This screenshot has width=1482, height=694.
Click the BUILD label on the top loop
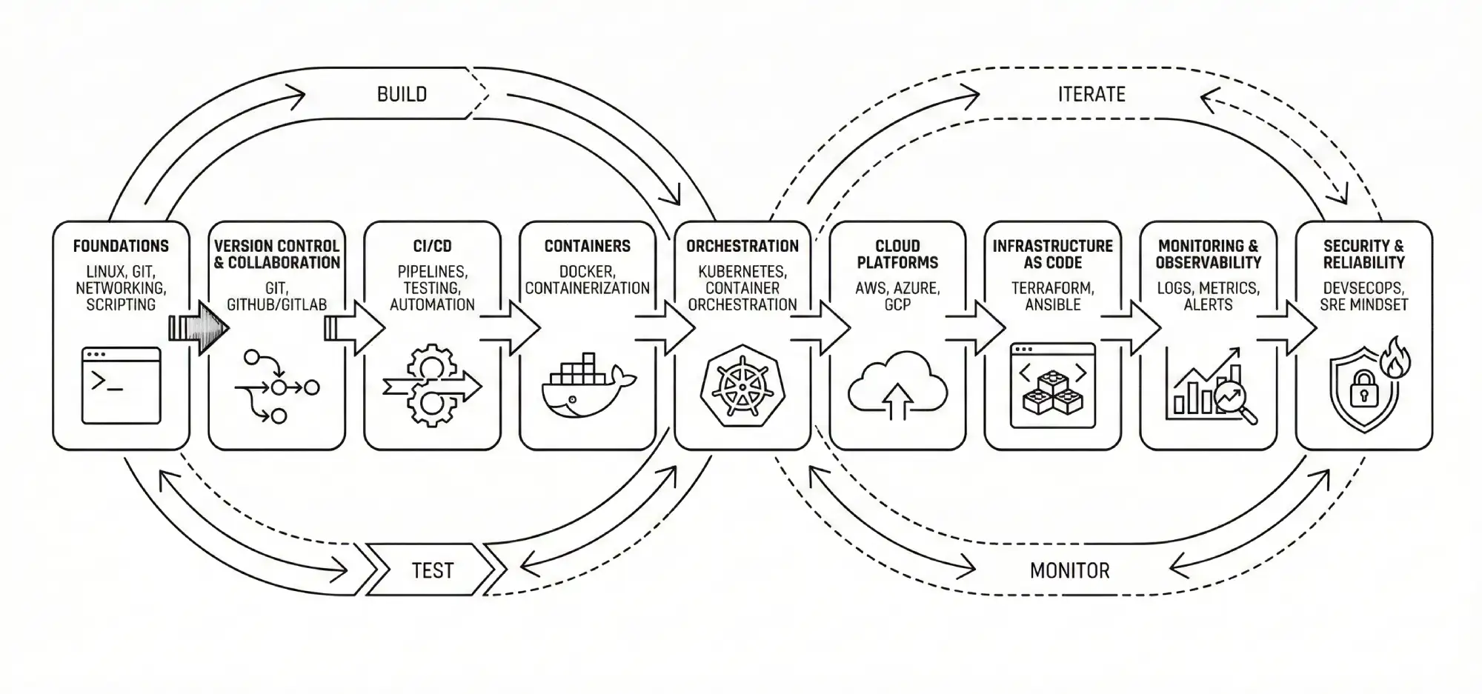click(402, 94)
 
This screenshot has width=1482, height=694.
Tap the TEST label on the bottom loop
click(432, 570)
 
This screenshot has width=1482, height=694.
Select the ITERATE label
click(1091, 94)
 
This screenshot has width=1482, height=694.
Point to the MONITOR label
click(1069, 570)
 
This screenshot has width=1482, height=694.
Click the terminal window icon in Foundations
click(121, 385)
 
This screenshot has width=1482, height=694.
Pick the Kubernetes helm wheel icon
click(742, 386)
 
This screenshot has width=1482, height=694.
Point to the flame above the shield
click(1395, 358)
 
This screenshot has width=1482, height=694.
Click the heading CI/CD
click(432, 246)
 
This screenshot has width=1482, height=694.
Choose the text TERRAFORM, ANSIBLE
click(1052, 296)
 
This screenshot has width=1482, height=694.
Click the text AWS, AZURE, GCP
click(897, 296)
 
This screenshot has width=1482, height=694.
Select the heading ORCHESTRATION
click(742, 246)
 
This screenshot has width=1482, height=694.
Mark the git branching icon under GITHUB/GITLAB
click(276, 387)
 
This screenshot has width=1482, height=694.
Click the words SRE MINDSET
click(1363, 304)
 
